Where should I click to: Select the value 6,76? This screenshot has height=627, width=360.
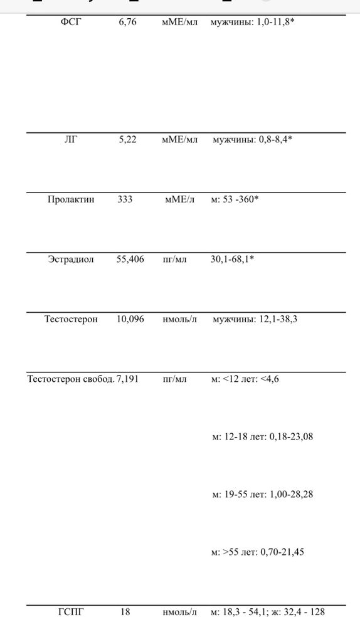[x=127, y=23]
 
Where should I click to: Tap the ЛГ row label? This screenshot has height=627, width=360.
[x=70, y=140]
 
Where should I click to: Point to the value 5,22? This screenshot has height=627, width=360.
[x=127, y=140]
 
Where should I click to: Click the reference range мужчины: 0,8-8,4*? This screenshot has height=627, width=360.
[x=253, y=140]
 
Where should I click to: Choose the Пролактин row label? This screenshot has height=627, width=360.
[x=71, y=200]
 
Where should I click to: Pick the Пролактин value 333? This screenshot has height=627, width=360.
[x=125, y=200]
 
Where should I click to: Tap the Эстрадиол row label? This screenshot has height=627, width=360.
[x=71, y=260]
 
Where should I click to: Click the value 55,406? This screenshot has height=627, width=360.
[x=130, y=260]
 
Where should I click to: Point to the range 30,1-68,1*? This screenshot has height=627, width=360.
[x=232, y=260]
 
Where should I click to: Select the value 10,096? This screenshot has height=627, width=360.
[x=130, y=319]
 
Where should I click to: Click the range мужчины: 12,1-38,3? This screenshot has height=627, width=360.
[x=255, y=319]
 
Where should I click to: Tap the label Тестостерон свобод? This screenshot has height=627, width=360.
[x=70, y=379]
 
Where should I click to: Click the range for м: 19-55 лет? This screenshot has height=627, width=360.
[x=262, y=494]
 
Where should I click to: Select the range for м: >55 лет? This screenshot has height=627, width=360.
[x=262, y=552]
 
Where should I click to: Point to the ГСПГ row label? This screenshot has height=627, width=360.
[x=71, y=612]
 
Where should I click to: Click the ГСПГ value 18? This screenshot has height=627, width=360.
[x=125, y=612]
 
